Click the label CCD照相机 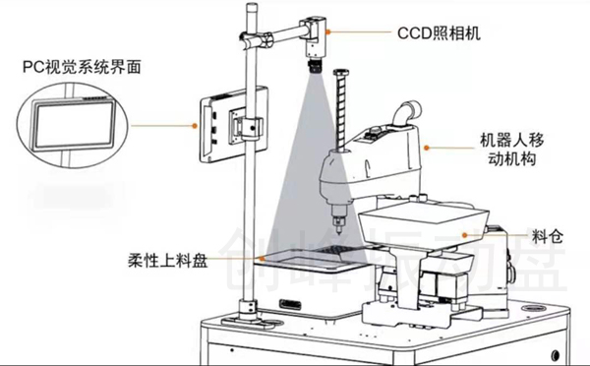439,33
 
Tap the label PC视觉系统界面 82,67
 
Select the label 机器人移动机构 511,150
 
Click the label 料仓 548,236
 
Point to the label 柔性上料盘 168,260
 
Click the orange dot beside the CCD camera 328,32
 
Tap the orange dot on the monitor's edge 195,126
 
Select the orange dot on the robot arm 427,148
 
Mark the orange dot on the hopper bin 465,235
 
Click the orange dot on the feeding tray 262,259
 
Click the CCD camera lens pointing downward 315,65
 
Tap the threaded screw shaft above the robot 341,110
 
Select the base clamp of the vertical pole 248,313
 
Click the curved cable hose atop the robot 407,113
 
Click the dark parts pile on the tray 330,250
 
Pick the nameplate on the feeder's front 290,303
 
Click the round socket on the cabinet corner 534,308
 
